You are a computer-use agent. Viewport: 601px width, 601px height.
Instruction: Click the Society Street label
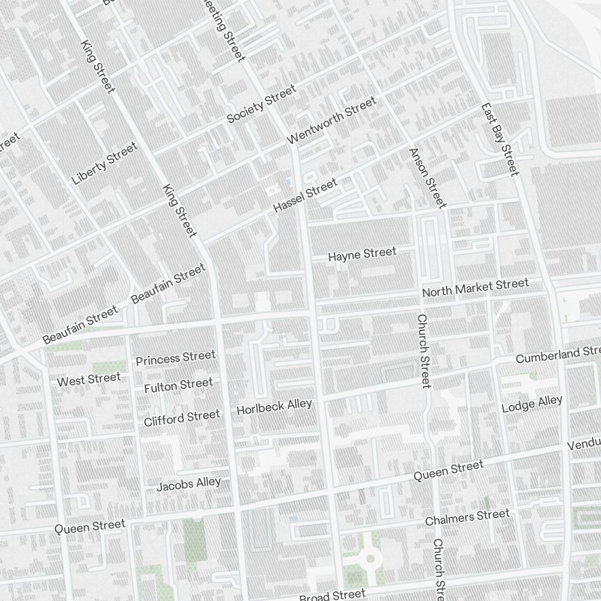261,104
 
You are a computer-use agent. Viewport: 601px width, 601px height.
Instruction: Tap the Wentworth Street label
332,120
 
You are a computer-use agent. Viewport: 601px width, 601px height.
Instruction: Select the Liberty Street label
105,163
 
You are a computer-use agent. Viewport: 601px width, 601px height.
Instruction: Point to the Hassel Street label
305,196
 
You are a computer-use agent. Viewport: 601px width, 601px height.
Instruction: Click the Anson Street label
427,178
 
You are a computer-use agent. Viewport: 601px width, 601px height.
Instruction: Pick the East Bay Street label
499,139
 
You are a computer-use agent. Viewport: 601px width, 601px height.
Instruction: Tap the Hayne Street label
362,254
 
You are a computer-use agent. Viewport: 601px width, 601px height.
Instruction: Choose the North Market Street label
475,288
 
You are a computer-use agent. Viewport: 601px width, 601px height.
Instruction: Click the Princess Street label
175,358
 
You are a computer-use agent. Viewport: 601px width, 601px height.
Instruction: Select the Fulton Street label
178,385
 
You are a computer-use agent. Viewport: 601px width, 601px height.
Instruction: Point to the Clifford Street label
182,418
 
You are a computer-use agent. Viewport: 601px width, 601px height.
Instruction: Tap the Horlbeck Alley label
275,407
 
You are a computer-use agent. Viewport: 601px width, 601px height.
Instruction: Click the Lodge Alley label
532,404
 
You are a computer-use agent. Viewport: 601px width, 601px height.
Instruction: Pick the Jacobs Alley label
189,484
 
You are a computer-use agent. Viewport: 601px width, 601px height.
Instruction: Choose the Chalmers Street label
467,517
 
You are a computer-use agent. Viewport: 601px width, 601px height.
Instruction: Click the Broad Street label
332,595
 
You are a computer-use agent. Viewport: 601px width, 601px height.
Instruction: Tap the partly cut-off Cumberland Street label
558,355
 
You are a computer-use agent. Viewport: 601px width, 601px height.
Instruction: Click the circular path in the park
370,559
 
